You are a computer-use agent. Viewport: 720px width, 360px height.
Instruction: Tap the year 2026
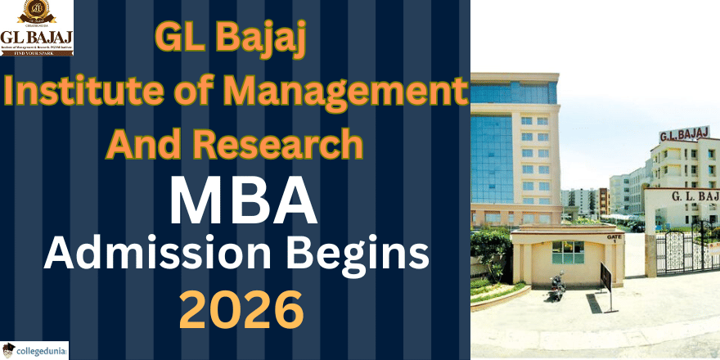pyautogui.click(x=241, y=310)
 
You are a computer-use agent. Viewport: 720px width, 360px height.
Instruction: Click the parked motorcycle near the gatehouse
pyautogui.click(x=556, y=286)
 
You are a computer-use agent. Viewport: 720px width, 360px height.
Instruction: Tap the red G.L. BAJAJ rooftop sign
pyautogui.click(x=684, y=134)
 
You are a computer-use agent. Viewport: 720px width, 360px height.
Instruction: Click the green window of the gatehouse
pyautogui.click(x=568, y=252)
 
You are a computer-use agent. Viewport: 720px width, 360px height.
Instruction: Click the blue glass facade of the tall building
pyautogui.click(x=492, y=155)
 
